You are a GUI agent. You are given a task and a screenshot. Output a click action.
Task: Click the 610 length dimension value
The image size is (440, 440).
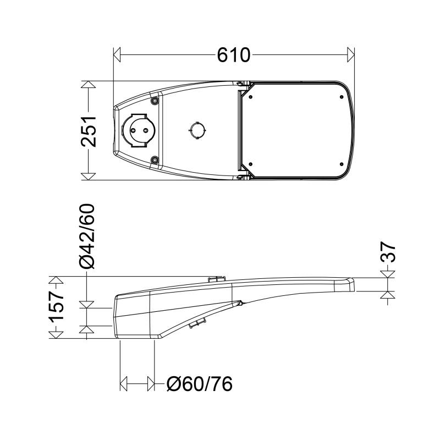tap(233, 55)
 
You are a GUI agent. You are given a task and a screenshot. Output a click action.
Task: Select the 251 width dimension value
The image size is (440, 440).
tap(89, 131)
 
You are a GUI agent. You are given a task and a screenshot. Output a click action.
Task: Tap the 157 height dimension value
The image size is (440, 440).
tap(57, 307)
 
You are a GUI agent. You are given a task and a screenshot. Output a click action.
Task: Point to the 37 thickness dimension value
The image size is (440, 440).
tap(388, 252)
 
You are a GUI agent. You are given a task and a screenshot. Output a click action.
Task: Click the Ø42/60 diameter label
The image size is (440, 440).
tap(87, 237)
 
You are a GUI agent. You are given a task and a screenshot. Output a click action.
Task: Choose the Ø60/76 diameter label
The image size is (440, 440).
tap(200, 384)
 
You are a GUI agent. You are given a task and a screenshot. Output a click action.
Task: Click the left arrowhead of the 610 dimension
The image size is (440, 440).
tap(117, 54)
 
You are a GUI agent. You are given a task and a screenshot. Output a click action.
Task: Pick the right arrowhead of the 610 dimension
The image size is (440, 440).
tap(351, 54)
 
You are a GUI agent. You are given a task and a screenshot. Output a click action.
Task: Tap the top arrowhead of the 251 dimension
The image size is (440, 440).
tap(88, 85)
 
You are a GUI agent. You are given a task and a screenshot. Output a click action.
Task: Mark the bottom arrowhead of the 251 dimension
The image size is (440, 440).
tap(88, 177)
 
